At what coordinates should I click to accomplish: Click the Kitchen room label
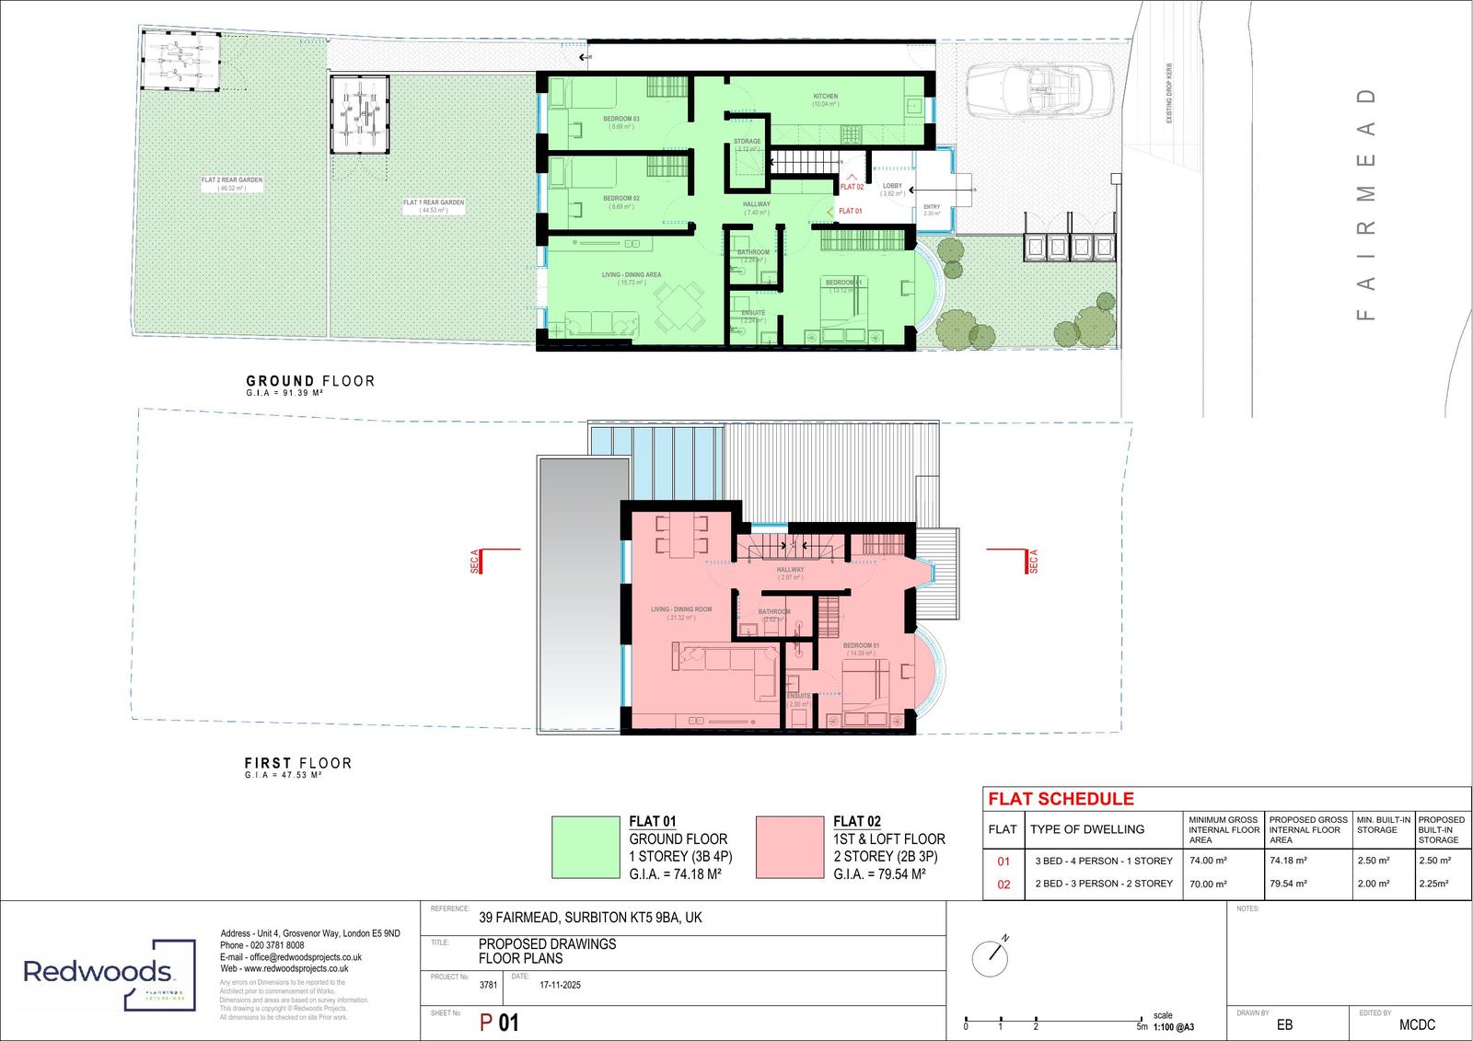pos(825,97)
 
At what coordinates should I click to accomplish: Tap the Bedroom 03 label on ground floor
pos(621,120)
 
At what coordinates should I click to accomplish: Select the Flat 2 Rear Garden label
pos(232,180)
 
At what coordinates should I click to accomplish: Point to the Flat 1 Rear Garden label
pos(433,202)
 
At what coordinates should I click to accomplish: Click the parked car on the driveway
pos(1040,90)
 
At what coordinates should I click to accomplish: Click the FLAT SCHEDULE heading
pos(1061,799)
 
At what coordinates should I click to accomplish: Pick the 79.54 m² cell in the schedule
pos(1288,884)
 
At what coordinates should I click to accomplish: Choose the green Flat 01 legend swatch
pos(586,847)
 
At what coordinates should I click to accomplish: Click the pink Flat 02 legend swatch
pos(790,847)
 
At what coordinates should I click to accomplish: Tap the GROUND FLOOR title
pos(310,381)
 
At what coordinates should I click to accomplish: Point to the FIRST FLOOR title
pos(297,763)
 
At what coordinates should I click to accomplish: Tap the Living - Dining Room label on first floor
pos(681,609)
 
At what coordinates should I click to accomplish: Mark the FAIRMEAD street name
pos(1367,204)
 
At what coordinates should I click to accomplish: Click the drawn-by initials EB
pos(1283,1024)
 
